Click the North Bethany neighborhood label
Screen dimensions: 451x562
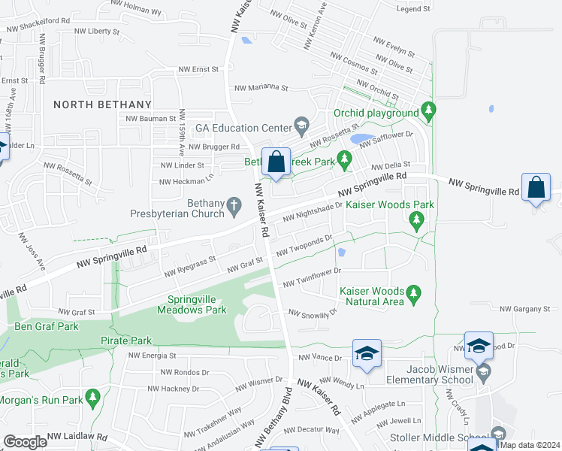tap(102, 104)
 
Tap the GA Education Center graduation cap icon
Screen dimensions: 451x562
tap(301, 126)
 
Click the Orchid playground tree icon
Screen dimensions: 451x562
tap(428, 113)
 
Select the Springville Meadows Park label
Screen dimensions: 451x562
tap(192, 304)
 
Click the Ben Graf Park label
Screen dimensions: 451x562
tap(46, 327)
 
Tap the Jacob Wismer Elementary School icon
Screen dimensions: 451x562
tap(483, 371)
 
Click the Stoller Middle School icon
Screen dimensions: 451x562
tap(497, 434)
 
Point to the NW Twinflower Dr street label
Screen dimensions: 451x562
tap(312, 277)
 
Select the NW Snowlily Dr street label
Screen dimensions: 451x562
tap(312, 313)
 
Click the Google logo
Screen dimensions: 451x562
tap(26, 442)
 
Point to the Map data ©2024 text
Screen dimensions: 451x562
tap(530, 445)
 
